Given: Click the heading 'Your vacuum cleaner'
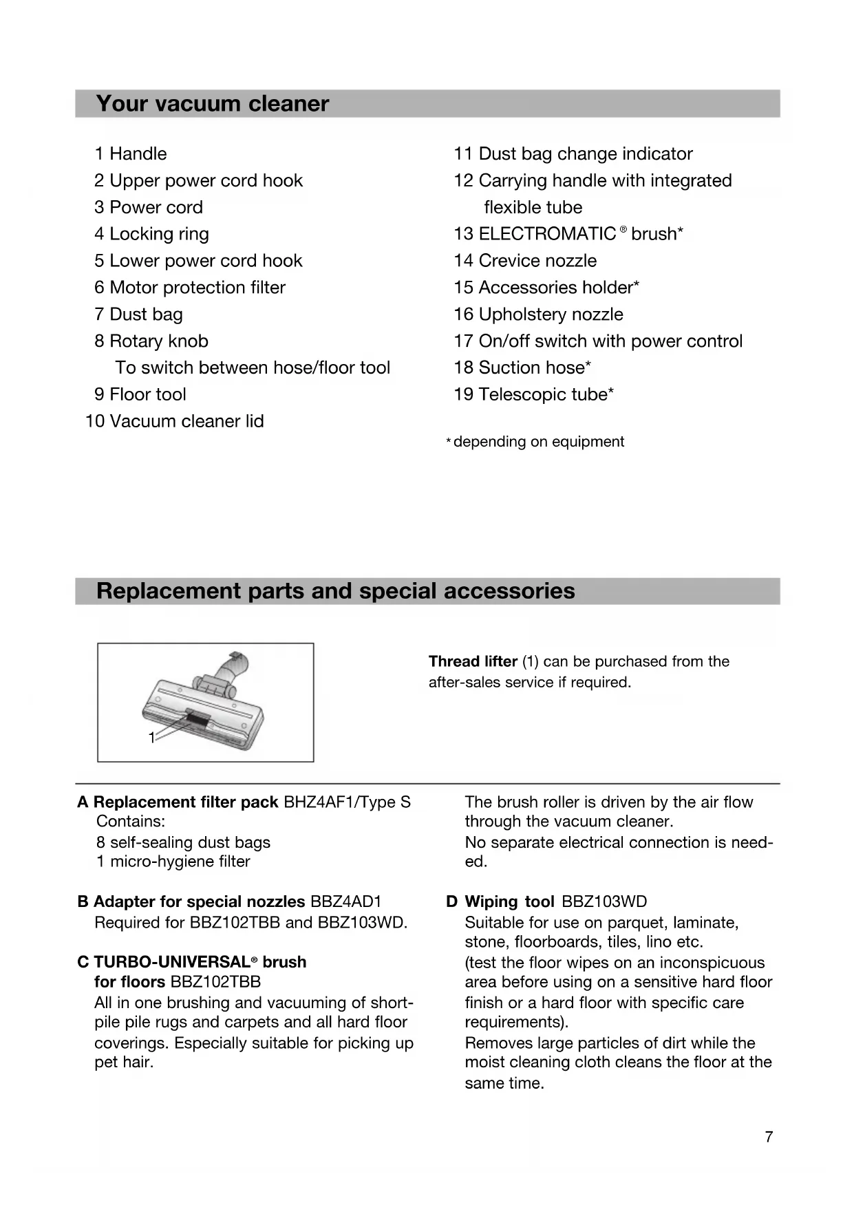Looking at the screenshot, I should tap(213, 104).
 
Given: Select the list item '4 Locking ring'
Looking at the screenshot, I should tap(152, 234).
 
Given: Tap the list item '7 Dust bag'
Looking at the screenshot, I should tap(139, 314).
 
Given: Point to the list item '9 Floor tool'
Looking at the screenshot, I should tap(141, 394).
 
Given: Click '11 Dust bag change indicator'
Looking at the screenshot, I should tap(573, 153).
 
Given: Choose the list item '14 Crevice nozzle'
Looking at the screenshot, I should tap(525, 261).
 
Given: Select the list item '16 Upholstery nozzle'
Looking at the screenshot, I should tap(538, 314).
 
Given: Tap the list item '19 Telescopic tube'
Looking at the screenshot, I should tap(533, 394).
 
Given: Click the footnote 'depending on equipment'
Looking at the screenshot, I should tap(538, 442).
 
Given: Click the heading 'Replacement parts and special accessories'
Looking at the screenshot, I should tap(335, 591).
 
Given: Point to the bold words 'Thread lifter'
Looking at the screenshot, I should tap(473, 661).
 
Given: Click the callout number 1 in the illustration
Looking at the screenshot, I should tap(152, 738).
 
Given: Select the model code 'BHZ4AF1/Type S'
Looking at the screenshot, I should tap(347, 802).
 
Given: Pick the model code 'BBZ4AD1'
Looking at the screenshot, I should tap(345, 901).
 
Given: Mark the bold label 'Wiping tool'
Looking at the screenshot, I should tap(509, 901).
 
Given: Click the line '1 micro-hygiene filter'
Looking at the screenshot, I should tap(173, 862).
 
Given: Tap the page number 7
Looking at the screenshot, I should tap(769, 1137).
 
